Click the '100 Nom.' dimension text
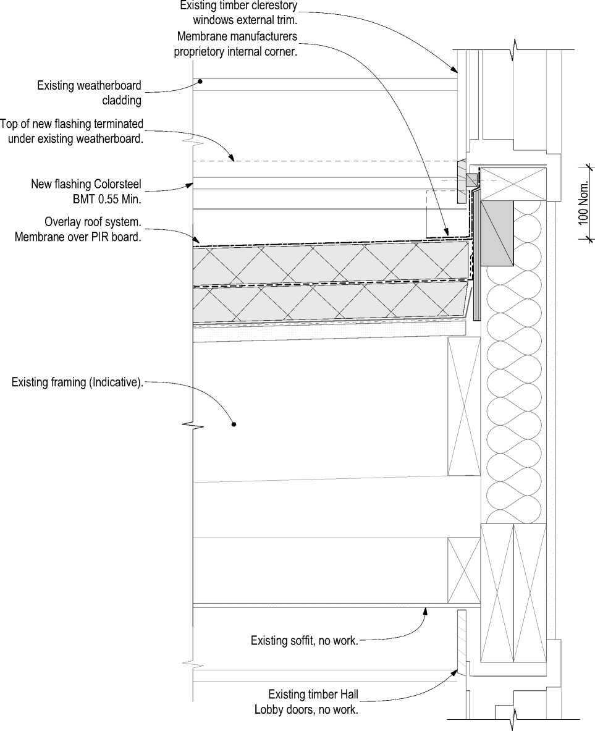[x=584, y=203]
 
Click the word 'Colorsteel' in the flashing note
[x=117, y=184]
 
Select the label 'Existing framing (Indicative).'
[x=77, y=383]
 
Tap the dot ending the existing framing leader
[x=234, y=424]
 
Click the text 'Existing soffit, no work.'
[x=304, y=641]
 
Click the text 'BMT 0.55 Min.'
[x=108, y=199]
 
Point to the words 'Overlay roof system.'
[x=93, y=221]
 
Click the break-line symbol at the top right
[x=514, y=49]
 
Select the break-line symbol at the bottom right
[x=514, y=718]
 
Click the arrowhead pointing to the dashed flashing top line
[x=232, y=159]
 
